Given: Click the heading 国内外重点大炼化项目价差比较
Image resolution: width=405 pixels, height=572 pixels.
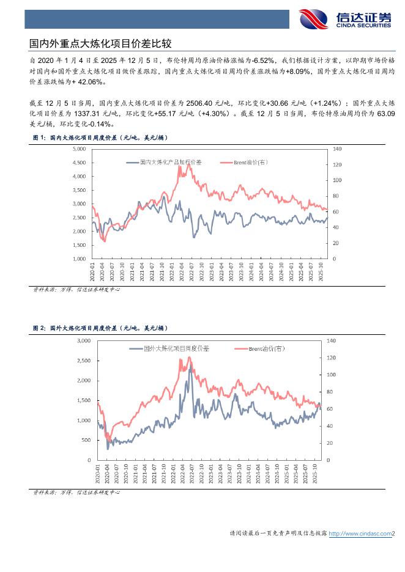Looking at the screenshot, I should coord(101,44).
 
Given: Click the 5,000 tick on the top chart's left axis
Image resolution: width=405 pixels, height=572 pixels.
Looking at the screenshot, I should coord(78,148).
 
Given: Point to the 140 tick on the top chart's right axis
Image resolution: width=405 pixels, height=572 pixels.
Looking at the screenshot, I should coord(338,148).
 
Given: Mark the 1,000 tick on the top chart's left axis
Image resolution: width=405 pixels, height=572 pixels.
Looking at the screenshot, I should coord(78,258).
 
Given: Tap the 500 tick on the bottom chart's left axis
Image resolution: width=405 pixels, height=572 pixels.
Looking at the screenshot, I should coord(86,440).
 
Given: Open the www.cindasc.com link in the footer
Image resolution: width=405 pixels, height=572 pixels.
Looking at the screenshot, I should coord(360,533).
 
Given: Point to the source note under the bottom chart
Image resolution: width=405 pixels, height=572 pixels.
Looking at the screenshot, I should coord(76,492).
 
